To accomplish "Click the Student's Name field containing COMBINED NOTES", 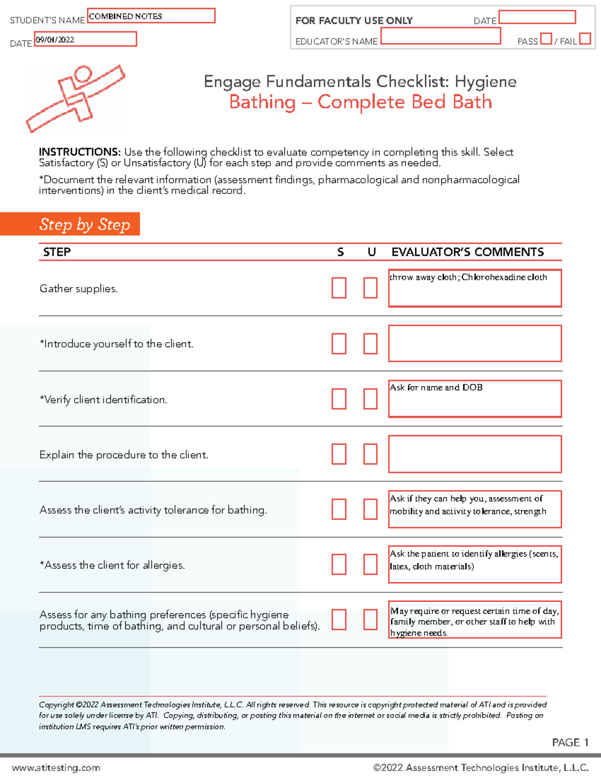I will (151, 16).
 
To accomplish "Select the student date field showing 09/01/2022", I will (85, 40).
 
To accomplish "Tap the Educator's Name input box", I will (440, 36).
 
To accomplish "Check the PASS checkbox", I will (546, 39).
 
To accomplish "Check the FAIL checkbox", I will (584, 39).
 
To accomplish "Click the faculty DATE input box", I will (537, 17).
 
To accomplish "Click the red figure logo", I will (75, 98).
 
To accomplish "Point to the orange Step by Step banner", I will (70, 224).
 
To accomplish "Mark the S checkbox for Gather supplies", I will (339, 288).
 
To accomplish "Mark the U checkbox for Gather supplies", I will (370, 288).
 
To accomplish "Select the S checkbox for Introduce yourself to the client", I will (339, 344).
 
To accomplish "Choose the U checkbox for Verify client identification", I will (370, 399).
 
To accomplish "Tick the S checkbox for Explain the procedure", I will (339, 454).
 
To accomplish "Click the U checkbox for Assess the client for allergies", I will (370, 564).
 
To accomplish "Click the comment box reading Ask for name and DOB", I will (474, 399).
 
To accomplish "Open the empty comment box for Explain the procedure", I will (474, 454).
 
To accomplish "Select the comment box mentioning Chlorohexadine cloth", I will (474, 288).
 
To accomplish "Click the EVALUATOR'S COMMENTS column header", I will (467, 252).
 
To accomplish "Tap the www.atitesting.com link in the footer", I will (56, 767).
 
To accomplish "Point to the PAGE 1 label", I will (570, 742).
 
